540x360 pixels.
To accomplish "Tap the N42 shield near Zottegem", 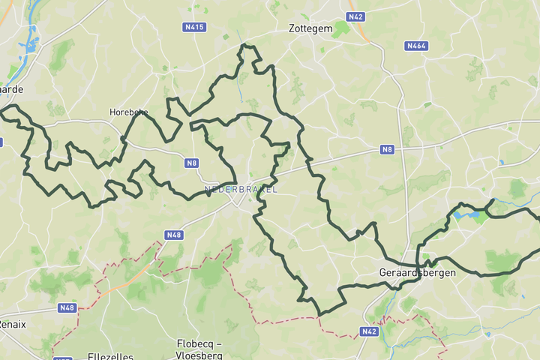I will [355, 16].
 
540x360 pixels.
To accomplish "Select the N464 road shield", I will [416, 46].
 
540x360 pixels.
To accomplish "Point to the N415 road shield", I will [194, 27].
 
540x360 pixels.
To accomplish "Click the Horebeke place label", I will [128, 112].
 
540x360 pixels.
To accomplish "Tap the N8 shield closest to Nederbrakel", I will [192, 162].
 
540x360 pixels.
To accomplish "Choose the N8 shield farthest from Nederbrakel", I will [387, 149].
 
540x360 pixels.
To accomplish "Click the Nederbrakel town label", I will [241, 189].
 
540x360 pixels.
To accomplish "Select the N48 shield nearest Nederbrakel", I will [174, 235].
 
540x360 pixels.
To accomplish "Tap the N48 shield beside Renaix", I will [67, 307].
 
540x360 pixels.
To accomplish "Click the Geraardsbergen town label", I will [418, 272].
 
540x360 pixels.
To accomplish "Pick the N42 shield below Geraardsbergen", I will [368, 331].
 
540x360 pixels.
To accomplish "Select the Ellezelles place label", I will [109, 356].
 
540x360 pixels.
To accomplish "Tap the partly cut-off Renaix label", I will [11, 324].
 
